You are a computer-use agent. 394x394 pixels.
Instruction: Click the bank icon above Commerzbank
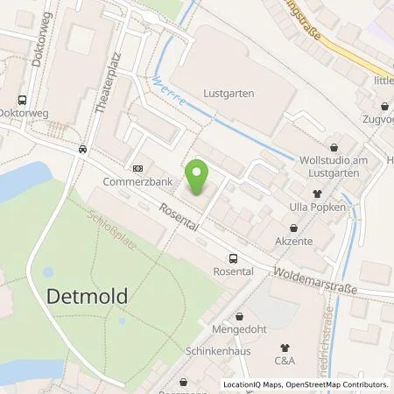click(137, 167)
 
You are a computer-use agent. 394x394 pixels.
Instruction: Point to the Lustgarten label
click(229, 90)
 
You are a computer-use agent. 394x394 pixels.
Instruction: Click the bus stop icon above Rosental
click(233, 258)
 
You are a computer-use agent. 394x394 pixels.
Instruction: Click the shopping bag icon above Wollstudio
click(334, 149)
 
